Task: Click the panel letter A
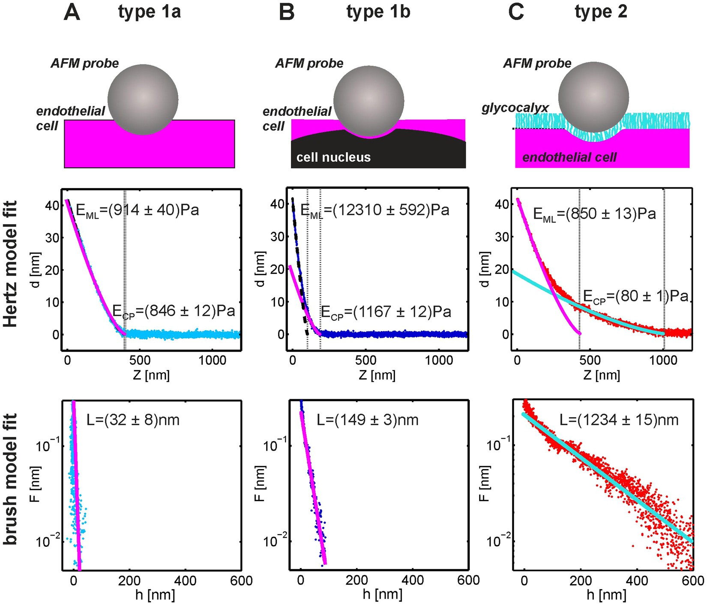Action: point(72,12)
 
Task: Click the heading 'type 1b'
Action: point(378,12)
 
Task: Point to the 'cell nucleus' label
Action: point(333,157)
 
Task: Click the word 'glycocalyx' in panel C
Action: point(515,108)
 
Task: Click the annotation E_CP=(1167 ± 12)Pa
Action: point(386,312)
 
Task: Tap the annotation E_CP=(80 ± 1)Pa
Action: point(635,297)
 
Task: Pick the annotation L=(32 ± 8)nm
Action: point(133,420)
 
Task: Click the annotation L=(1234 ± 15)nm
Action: point(619,420)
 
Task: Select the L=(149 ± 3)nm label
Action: point(367,420)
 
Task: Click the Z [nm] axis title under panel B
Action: point(377,375)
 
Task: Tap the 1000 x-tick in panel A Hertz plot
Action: point(213,360)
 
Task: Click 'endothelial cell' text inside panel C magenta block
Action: point(569,157)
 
